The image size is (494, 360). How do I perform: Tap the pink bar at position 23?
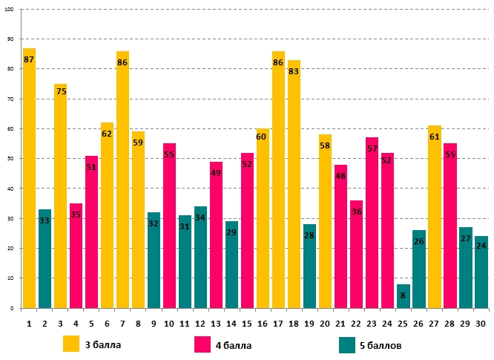click(x=372, y=223)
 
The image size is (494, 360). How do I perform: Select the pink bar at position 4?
click(x=76, y=255)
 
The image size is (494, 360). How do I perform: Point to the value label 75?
click(x=61, y=91)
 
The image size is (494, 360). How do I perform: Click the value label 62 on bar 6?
click(x=107, y=134)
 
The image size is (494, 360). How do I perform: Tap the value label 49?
click(x=216, y=173)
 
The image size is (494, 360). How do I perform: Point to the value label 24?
click(x=481, y=246)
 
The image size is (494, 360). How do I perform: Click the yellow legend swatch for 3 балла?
click(x=71, y=344)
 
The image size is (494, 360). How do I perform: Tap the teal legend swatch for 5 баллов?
click(x=346, y=344)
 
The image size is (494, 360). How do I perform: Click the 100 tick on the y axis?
click(x=10, y=9)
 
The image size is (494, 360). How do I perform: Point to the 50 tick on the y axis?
click(x=11, y=158)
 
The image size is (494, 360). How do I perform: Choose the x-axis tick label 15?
click(x=247, y=324)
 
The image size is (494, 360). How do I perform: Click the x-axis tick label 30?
click(x=481, y=324)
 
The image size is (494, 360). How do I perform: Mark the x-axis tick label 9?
click(x=154, y=324)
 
